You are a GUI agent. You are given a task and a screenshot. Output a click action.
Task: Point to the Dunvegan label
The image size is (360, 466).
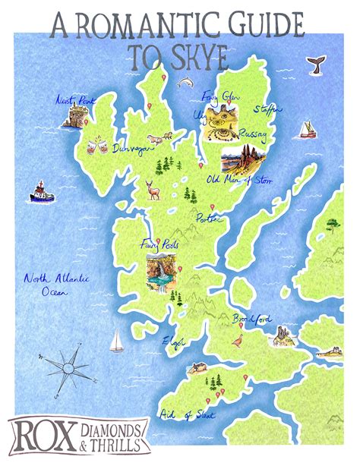(128, 150)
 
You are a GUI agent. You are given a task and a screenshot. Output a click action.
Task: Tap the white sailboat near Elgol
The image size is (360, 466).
(116, 340)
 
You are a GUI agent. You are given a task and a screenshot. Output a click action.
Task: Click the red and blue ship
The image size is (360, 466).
(42, 193)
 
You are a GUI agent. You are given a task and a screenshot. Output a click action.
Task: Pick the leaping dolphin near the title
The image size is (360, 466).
(185, 80)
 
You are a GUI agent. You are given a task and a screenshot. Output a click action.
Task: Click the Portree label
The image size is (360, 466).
(208, 219)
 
